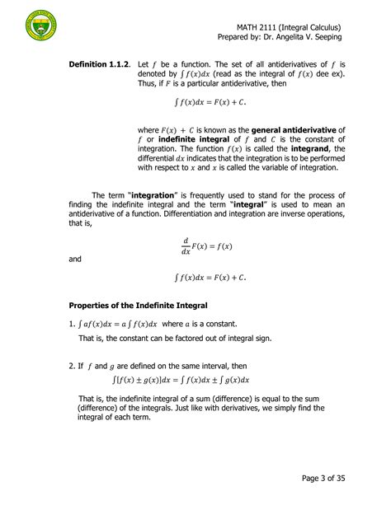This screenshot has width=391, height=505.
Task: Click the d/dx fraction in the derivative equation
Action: click(186, 246)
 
